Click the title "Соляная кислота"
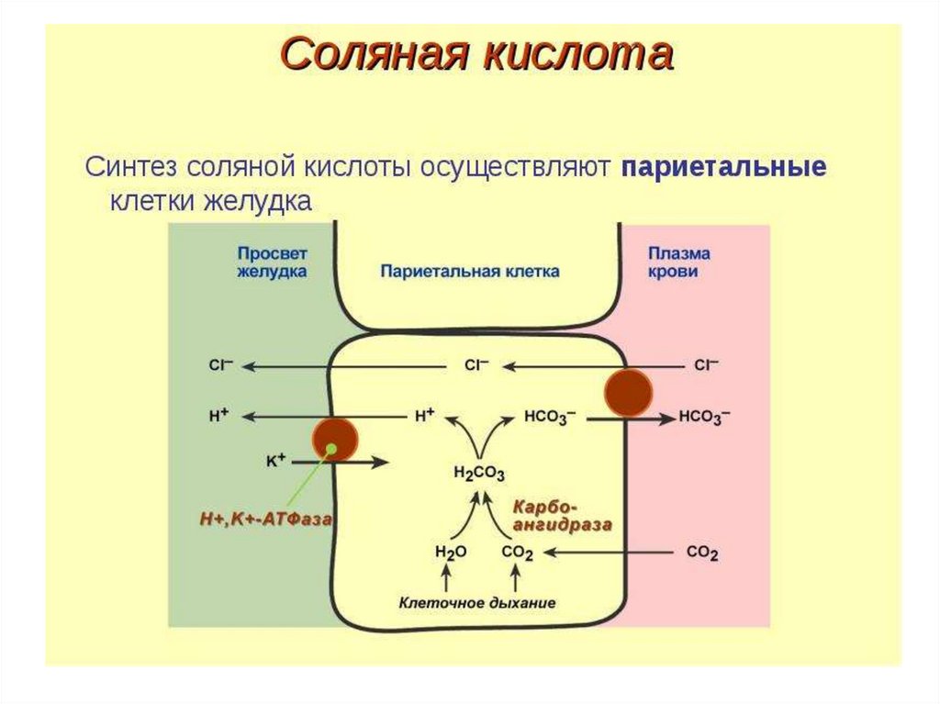coord(476,56)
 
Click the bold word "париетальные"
coord(724,168)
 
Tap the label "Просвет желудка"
coord(272,263)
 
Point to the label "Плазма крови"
coord(679,263)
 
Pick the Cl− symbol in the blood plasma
coord(706,365)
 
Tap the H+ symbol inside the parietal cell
coord(424,416)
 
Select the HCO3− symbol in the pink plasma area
coord(705,417)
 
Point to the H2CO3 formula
coord(479,474)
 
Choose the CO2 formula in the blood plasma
coord(702,553)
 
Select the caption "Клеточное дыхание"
coord(477,603)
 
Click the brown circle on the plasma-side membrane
coord(628,393)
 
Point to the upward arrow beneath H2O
coord(448,578)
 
